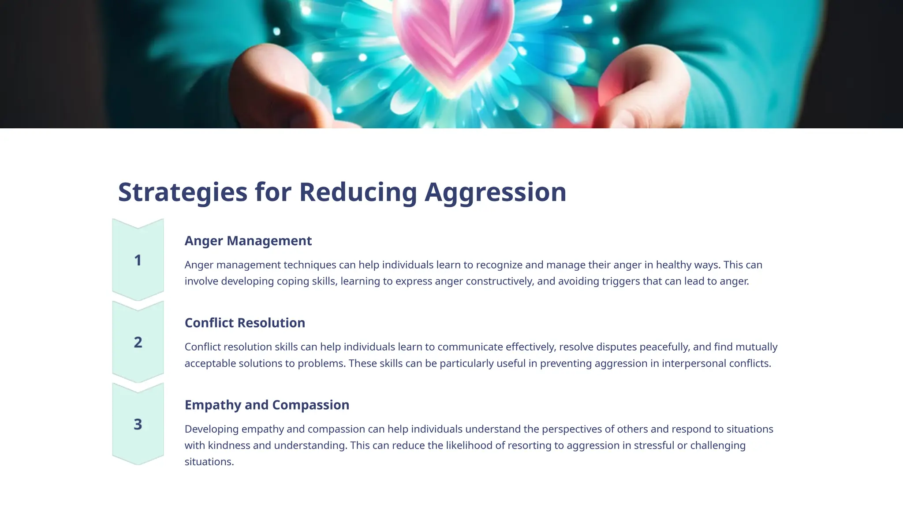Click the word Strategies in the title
(x=183, y=192)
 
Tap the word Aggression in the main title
(x=495, y=192)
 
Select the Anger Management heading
(x=248, y=241)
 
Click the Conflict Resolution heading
(x=245, y=323)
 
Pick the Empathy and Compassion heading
(x=267, y=405)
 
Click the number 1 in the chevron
(x=138, y=260)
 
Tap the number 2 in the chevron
(x=138, y=342)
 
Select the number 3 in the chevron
(x=138, y=424)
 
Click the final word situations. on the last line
(x=209, y=462)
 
